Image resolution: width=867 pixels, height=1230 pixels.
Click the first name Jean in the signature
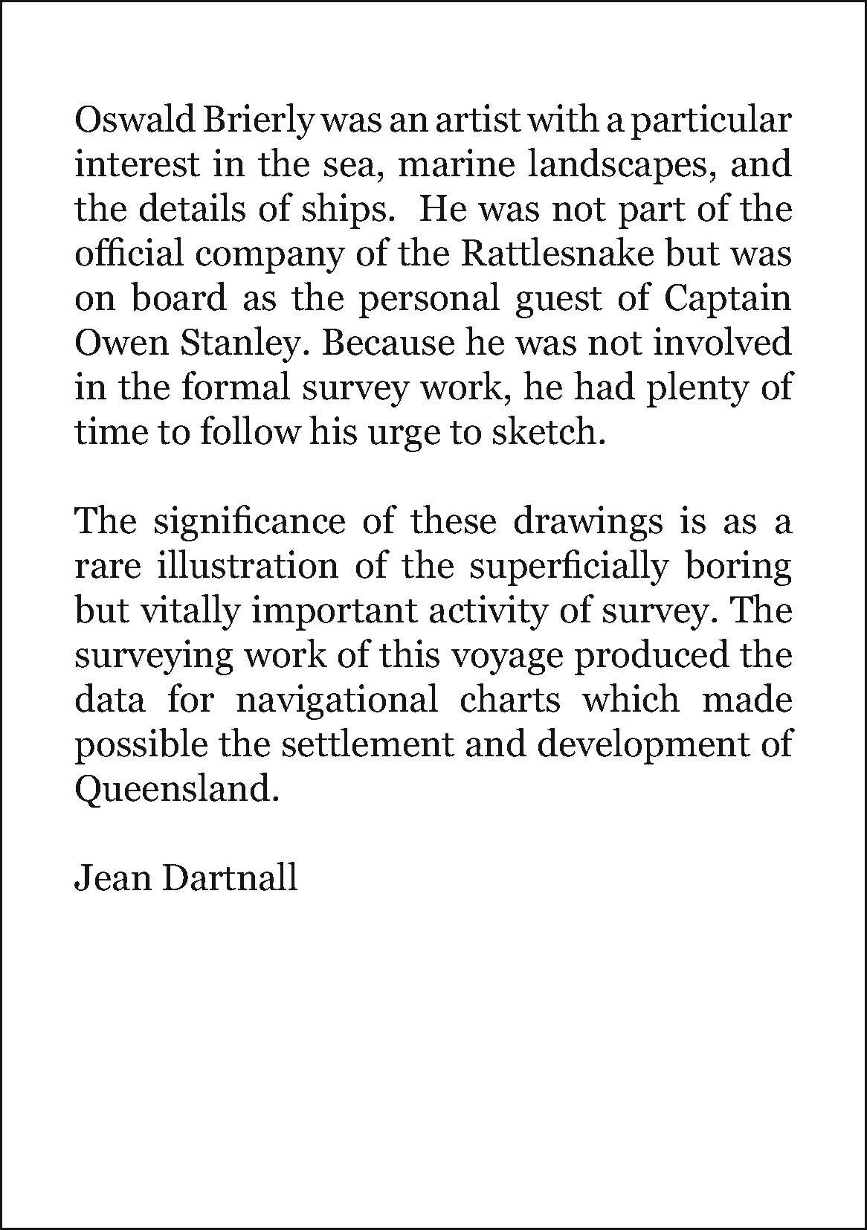[107, 878]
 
